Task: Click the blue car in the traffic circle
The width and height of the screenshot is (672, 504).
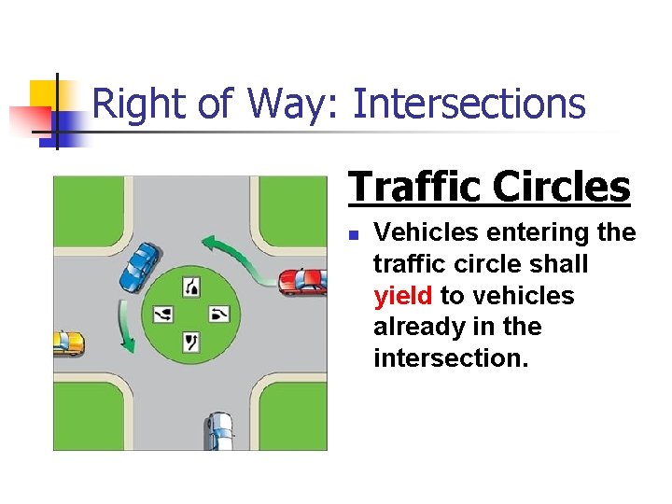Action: click(139, 266)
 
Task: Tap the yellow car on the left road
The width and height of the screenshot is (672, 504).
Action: click(66, 343)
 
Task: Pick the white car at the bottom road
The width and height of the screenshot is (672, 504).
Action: click(219, 430)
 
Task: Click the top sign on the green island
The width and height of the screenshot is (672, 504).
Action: click(192, 287)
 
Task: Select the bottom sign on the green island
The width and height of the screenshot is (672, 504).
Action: click(192, 342)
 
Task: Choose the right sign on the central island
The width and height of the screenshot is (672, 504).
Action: click(219, 315)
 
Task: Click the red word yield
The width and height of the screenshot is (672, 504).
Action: click(402, 297)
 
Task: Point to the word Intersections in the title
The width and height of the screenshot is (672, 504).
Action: click(469, 104)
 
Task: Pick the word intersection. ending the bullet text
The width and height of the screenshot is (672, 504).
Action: click(451, 358)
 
